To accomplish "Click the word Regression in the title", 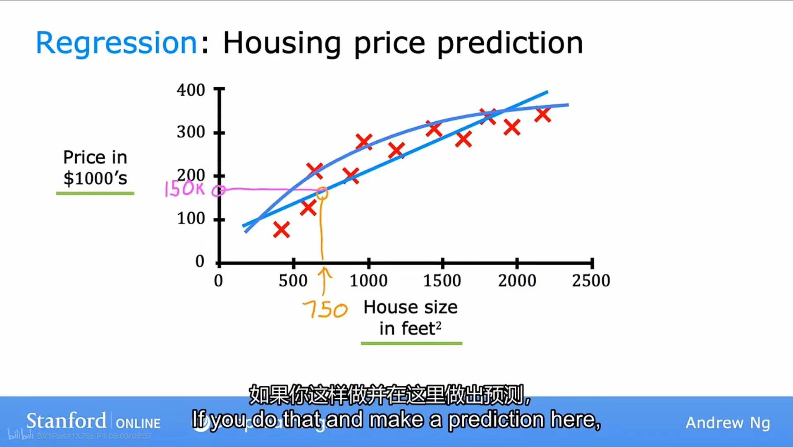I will click(x=116, y=43).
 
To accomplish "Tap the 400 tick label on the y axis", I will click(x=191, y=90).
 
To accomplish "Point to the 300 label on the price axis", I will click(x=191, y=132).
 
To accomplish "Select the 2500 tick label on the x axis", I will click(x=591, y=281).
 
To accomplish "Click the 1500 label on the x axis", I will click(x=442, y=281).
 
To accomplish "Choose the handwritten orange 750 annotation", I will click(x=325, y=310).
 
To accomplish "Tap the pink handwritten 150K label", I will click(x=184, y=189).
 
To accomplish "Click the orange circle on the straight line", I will click(x=322, y=193).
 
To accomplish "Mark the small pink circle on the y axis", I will click(x=218, y=191).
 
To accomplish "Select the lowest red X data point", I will click(x=282, y=229).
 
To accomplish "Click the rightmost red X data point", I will click(x=542, y=115).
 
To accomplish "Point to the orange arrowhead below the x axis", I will click(x=325, y=271).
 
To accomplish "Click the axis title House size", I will click(x=410, y=307).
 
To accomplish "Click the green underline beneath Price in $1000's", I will click(x=95, y=193).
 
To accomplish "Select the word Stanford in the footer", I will click(x=66, y=421).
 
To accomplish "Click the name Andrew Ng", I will click(x=728, y=423).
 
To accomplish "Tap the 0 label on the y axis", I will click(x=200, y=261).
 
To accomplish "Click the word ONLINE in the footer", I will click(x=138, y=423).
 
